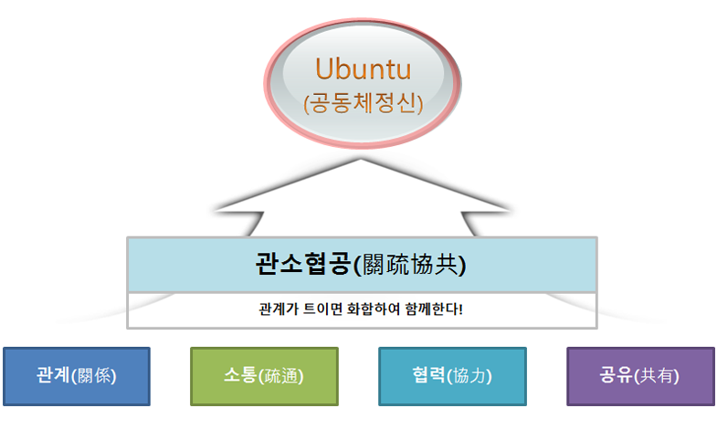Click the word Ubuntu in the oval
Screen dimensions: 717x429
click(364, 69)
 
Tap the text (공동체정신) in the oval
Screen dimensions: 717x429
click(364, 103)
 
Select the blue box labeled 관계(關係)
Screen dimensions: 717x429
click(77, 376)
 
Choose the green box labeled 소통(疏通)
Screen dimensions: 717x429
click(264, 376)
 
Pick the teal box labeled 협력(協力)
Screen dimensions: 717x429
click(452, 376)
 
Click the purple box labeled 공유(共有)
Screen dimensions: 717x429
click(640, 376)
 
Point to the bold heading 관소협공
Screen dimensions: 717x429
click(303, 264)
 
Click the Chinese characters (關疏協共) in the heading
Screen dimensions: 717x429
click(410, 265)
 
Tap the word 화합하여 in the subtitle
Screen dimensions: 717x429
click(374, 309)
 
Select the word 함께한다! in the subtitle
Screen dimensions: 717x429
click(434, 309)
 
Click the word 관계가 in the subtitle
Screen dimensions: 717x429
click(279, 309)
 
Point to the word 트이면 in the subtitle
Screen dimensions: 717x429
click(322, 309)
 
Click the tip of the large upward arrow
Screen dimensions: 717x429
click(361, 160)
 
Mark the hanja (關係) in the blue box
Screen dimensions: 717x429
click(94, 376)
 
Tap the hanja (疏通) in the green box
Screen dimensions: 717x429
click(280, 376)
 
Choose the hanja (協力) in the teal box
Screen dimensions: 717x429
click(469, 376)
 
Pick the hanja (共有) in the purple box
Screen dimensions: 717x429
click(657, 376)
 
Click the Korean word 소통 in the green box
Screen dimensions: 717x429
click(240, 375)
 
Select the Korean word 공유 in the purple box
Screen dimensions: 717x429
click(617, 375)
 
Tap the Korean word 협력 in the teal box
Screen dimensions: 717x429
click(428, 375)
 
